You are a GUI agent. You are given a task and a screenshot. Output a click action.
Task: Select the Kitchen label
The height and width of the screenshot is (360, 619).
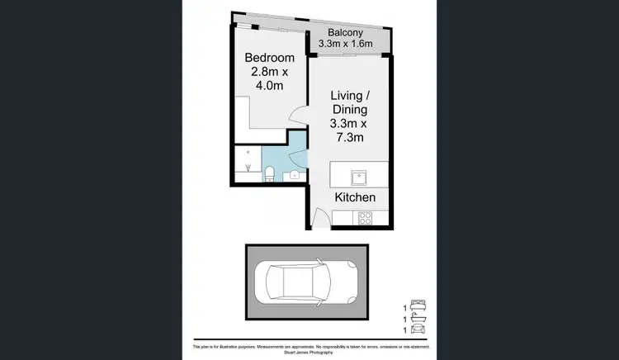coord(356,197)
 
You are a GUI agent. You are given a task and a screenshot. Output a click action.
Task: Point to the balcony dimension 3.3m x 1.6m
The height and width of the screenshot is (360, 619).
coord(346,44)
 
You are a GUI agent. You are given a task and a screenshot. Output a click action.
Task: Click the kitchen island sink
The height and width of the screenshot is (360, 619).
coord(358,176)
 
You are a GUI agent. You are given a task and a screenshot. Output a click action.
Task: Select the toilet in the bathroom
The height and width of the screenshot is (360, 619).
coord(270,172)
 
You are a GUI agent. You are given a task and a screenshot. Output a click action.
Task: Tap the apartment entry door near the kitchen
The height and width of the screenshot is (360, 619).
coord(320,220)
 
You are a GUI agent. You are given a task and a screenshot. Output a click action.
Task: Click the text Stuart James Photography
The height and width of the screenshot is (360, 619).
coord(309,353)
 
